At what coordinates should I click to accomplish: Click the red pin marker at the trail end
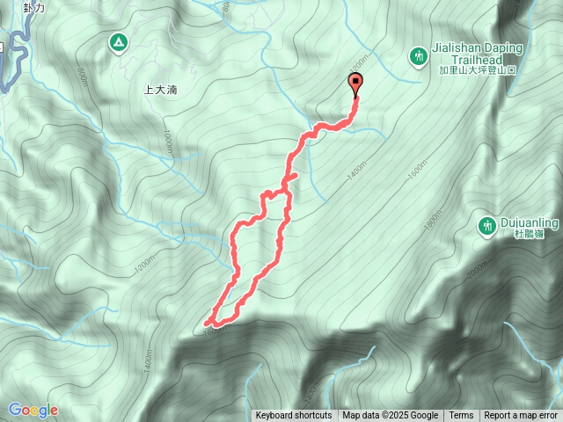[x=356, y=84]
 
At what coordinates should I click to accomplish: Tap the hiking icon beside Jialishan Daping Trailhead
[x=420, y=57]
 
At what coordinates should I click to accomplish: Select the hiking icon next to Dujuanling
[x=486, y=226]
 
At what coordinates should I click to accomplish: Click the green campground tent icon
[x=117, y=42]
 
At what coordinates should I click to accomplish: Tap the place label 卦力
[x=34, y=7]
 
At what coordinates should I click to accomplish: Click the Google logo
[x=33, y=410]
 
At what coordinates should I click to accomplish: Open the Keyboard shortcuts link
[x=294, y=416]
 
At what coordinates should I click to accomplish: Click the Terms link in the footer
[x=461, y=416]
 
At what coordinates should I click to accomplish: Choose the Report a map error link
[x=521, y=416]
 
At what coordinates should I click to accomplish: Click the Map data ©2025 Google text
[x=390, y=416]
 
